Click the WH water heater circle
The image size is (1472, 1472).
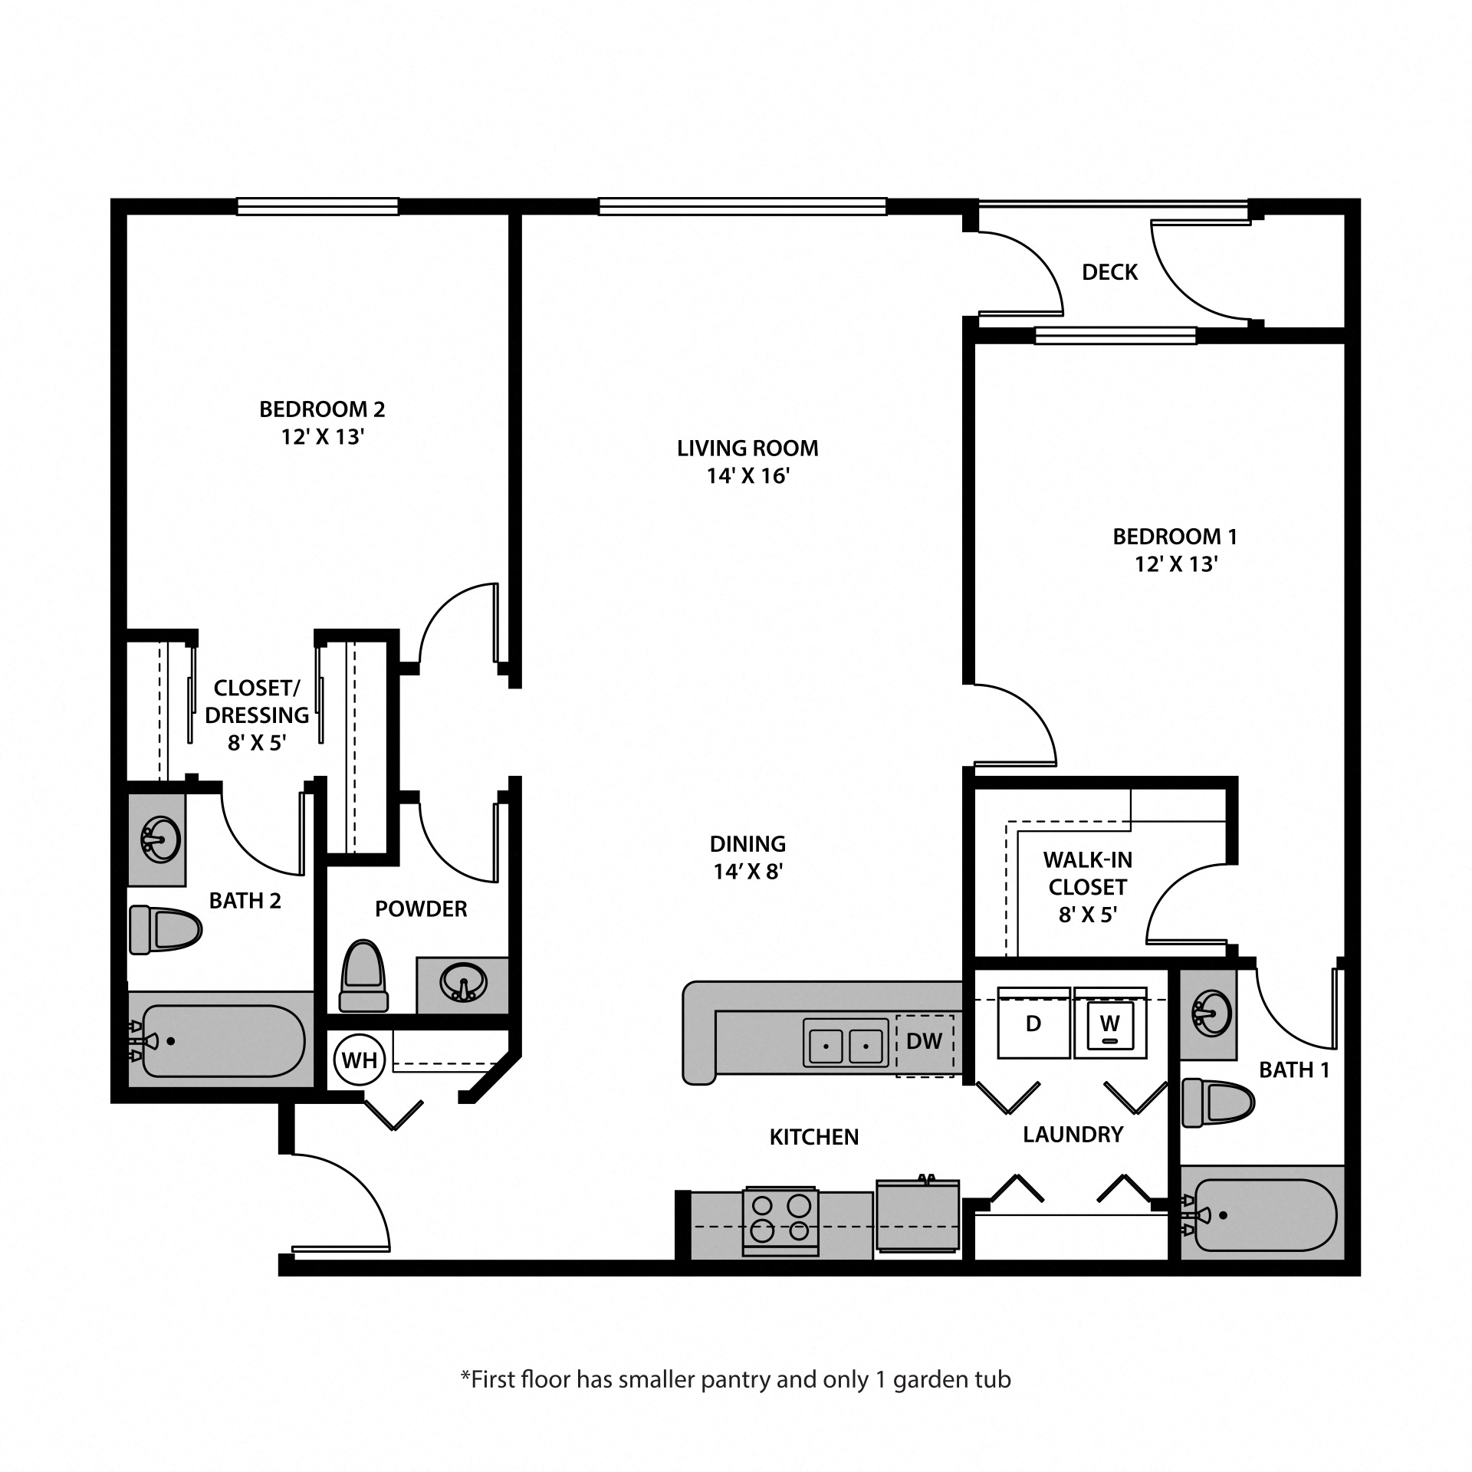tap(359, 1060)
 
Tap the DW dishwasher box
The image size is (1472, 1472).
tap(925, 1040)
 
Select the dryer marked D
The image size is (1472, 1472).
tap(1033, 1024)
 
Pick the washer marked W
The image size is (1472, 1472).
tap(1110, 1024)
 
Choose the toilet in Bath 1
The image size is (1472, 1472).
tap(1217, 1102)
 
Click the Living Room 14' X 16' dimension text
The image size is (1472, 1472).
tap(747, 476)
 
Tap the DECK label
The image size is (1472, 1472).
tap(1109, 272)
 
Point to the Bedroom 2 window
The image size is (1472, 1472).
tap(317, 206)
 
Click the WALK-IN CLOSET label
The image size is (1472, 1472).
tap(1087, 873)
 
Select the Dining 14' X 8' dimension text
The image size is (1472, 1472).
tap(747, 872)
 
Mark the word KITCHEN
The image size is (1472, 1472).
tap(813, 1137)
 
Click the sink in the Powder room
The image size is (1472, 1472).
tap(462, 983)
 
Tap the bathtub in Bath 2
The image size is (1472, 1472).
tap(222, 1041)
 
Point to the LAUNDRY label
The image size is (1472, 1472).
tap(1073, 1135)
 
